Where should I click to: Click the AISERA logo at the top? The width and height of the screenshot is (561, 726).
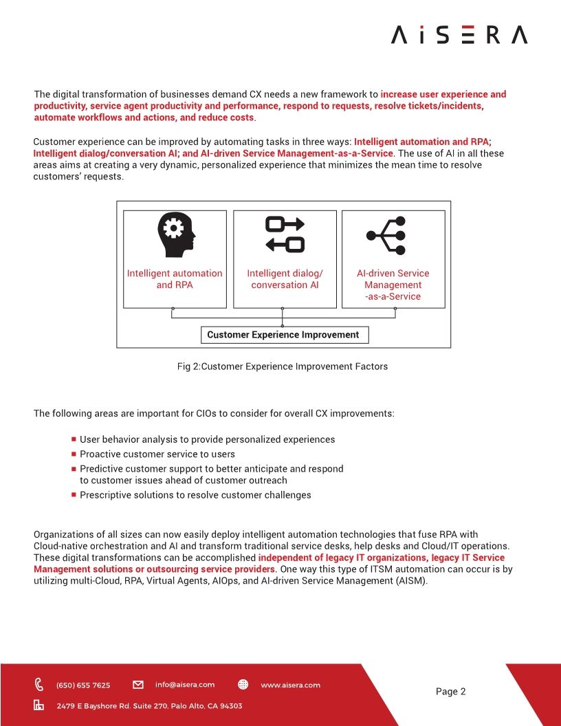pos(459,34)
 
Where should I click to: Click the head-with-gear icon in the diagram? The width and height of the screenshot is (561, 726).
pos(175,234)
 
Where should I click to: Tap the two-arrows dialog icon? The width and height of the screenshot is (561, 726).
pos(285,234)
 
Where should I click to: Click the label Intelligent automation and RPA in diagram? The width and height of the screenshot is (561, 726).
pos(175,279)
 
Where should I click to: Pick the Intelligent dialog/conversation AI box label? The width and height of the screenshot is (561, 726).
pos(285,279)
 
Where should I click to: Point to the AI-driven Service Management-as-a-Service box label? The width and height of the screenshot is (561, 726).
pos(393,285)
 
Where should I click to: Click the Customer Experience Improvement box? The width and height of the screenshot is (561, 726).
pos(284,335)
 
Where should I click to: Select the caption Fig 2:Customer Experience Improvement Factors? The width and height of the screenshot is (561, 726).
pos(282,366)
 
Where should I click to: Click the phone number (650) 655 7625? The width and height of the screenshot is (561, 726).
pos(82,685)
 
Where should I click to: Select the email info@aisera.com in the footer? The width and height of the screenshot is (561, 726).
pos(184,685)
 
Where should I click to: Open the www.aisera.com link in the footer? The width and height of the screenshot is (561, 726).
pos(290,685)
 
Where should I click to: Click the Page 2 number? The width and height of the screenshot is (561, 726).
pos(450,692)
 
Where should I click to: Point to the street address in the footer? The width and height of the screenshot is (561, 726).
pos(148,706)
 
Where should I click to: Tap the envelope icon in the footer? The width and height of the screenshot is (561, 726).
pos(138,685)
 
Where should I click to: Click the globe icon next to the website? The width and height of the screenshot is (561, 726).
pos(243,685)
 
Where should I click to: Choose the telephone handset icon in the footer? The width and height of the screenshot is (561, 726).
pos(39,685)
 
